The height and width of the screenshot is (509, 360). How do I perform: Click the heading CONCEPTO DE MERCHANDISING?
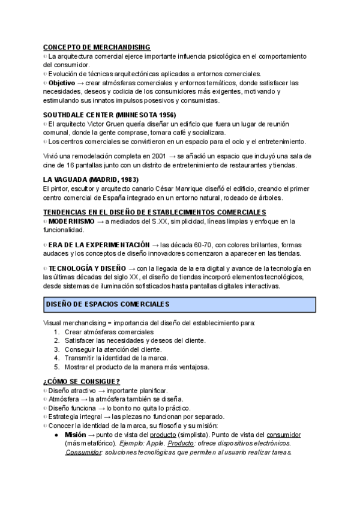[97, 47]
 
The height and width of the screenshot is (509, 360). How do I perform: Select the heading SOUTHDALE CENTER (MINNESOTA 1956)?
[110, 114]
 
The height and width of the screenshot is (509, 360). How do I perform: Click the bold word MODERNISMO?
[71, 221]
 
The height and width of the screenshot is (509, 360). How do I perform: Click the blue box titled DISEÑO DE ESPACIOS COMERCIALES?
[179, 304]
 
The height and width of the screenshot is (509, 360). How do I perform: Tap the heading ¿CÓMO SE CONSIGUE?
[82, 382]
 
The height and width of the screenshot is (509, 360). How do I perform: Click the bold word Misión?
[76, 435]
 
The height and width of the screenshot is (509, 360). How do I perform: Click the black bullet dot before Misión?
[56, 435]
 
